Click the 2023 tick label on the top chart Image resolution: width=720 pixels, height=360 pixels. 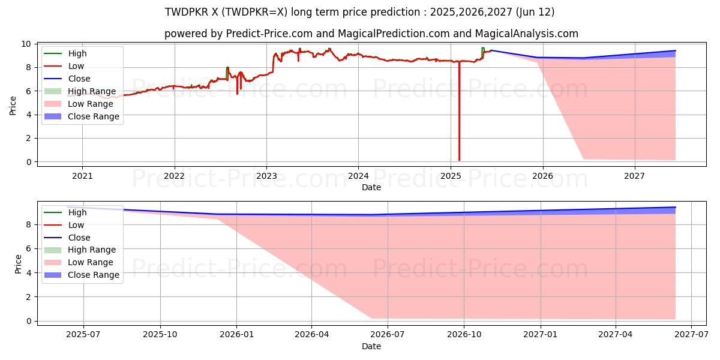click(x=266, y=176)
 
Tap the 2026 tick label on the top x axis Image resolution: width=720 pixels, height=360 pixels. click(x=543, y=176)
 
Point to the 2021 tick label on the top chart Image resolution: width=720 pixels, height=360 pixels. click(x=82, y=176)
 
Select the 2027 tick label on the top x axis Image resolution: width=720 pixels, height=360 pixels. click(x=635, y=176)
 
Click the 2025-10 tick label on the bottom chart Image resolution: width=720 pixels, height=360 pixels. click(x=160, y=335)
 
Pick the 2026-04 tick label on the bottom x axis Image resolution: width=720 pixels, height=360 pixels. click(x=312, y=335)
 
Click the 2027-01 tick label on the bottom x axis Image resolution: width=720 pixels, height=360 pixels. click(x=541, y=335)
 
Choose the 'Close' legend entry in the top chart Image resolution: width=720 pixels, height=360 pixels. click(x=79, y=79)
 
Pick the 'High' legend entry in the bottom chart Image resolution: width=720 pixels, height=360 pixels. click(x=77, y=212)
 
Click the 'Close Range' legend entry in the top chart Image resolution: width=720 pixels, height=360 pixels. click(x=94, y=116)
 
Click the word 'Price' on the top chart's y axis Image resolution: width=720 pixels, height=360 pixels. click(x=13, y=106)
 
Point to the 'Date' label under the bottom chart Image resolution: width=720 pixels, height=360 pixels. click(x=371, y=346)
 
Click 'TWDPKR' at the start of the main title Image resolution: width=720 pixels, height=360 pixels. click(x=184, y=12)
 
